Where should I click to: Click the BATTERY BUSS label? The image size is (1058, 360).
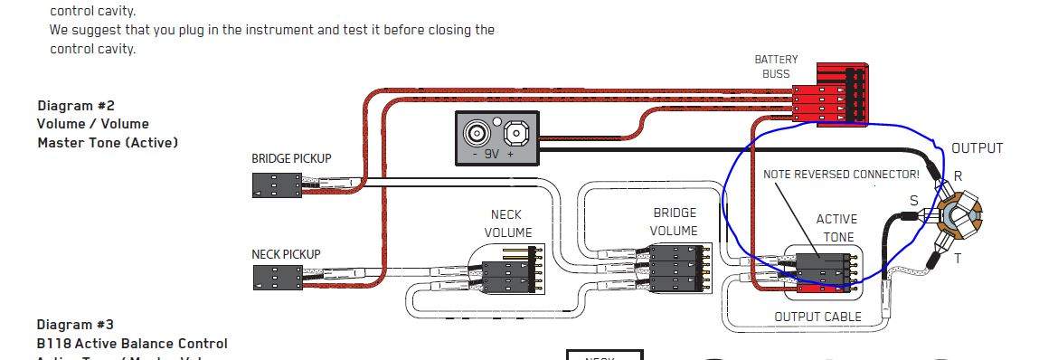click(x=776, y=67)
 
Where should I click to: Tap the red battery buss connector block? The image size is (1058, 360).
click(x=831, y=94)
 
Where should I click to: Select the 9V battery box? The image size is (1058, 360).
click(x=497, y=137)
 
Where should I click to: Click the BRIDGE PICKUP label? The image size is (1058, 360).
click(x=291, y=158)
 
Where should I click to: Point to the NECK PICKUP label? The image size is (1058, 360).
click(x=286, y=255)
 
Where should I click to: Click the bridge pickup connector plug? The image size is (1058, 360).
click(x=277, y=185)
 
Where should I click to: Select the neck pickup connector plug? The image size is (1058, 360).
click(x=277, y=278)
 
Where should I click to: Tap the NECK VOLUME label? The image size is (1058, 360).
click(x=507, y=223)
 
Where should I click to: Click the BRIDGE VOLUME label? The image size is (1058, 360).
click(x=674, y=222)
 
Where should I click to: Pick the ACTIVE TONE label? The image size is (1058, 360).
click(x=837, y=228)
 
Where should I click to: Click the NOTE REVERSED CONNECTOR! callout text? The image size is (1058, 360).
click(x=841, y=175)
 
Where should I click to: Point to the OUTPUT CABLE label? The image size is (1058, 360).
click(x=817, y=317)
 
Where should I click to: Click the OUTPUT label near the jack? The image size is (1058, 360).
click(x=977, y=148)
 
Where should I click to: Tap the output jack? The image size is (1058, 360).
click(x=956, y=214)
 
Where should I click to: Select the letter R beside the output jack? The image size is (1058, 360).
click(x=959, y=176)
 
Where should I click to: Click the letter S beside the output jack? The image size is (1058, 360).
click(x=913, y=201)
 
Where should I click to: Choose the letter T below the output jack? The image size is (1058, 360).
click(x=958, y=259)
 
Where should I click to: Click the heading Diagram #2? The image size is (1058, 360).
click(x=76, y=105)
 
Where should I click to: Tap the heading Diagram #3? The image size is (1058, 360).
click(x=76, y=325)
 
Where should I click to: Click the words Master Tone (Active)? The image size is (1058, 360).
click(x=108, y=143)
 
